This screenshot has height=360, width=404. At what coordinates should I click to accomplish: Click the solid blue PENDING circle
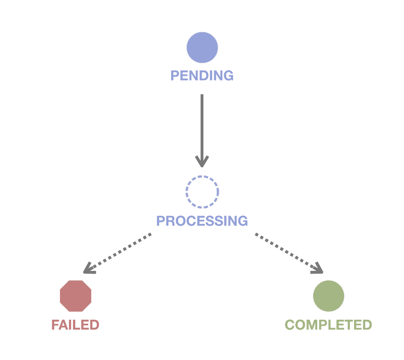coord(202,47)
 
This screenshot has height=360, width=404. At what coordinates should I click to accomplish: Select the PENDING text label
coord(202,76)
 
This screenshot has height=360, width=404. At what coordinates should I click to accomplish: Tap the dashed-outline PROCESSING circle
coord(202,192)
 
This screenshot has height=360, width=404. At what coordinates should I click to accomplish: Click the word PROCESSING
coord(202,221)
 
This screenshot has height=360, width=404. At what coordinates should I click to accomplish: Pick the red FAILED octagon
coord(75,296)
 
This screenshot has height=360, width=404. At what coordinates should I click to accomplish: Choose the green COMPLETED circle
coord(329,296)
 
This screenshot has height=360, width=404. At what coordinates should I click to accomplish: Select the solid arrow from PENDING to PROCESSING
coord(202,125)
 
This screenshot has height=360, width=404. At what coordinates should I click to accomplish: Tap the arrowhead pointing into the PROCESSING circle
coord(202,162)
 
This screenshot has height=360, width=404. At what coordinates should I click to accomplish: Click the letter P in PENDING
coord(175,76)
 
